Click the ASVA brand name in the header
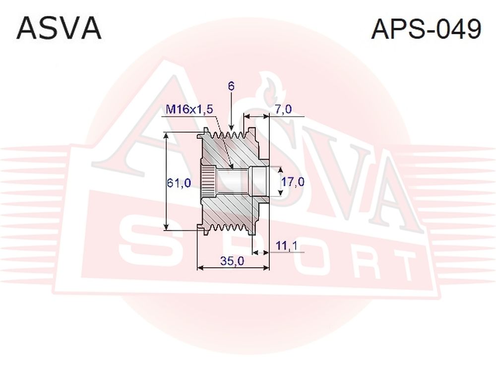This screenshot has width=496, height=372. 59,29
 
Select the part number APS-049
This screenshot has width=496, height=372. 426,29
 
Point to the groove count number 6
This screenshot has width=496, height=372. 231,86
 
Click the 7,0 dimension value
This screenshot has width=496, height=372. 283,110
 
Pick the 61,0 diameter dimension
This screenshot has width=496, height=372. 179,183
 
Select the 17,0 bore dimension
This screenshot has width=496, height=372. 293,182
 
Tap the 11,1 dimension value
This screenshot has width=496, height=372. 286,246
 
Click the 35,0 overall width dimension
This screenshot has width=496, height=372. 233,261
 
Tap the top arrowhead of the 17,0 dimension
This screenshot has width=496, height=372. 280,171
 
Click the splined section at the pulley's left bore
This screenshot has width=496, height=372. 208,183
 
